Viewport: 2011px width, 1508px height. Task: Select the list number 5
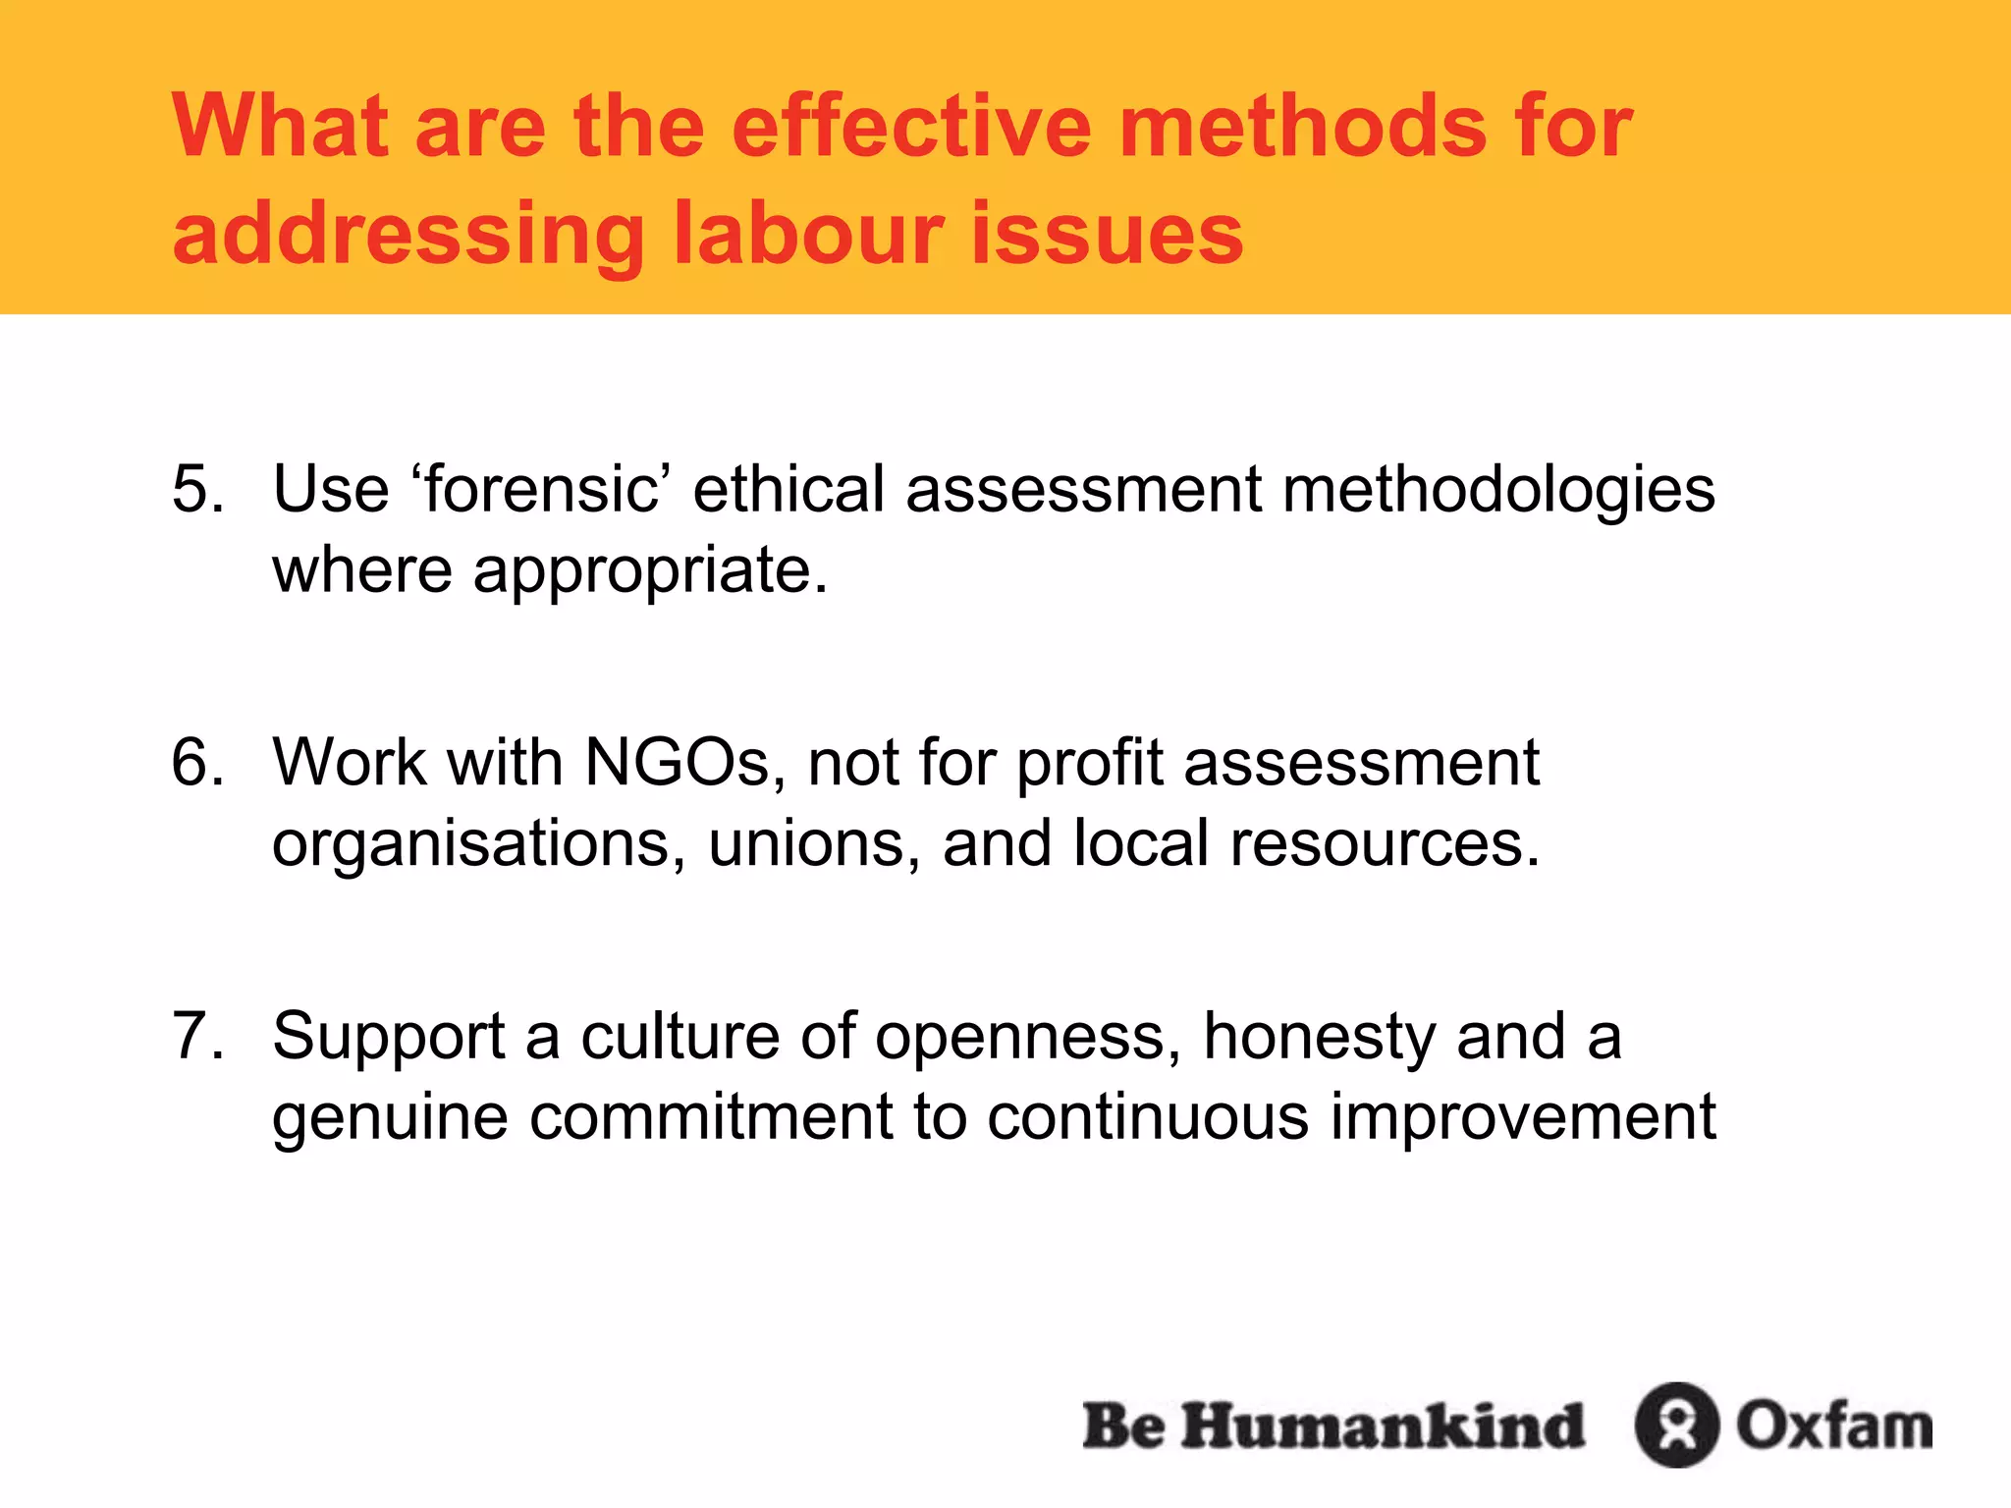click(196, 489)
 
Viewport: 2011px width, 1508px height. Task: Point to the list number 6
click(196, 762)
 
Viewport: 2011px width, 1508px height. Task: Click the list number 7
click(196, 1036)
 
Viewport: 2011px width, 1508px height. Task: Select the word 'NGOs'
click(678, 762)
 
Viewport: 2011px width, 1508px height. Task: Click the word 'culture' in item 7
click(679, 1036)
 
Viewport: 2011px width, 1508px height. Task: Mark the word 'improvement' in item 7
click(1522, 1116)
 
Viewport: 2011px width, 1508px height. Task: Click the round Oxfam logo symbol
click(1676, 1425)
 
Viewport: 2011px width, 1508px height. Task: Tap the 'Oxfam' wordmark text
click(1833, 1425)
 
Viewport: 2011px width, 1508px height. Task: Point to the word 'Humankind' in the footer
click(1383, 1425)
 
